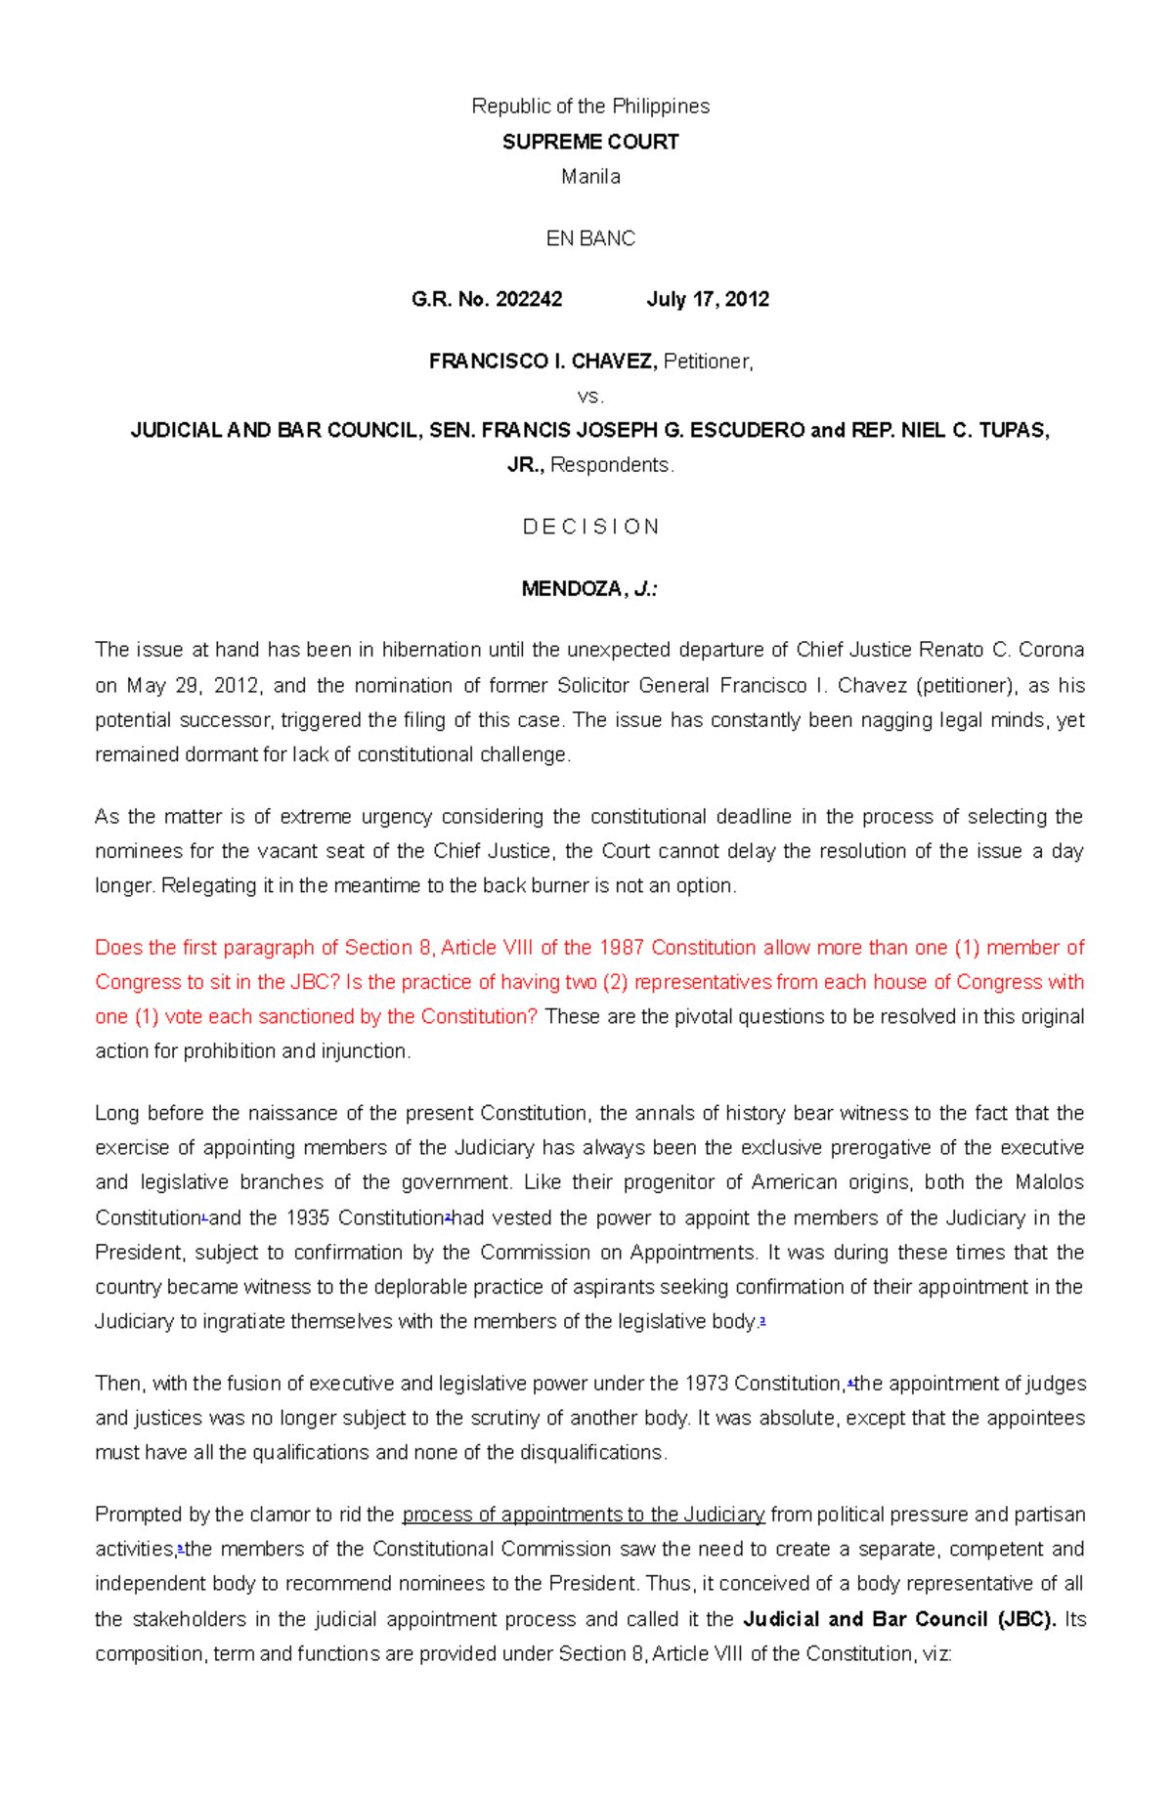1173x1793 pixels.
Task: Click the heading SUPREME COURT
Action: [x=590, y=142]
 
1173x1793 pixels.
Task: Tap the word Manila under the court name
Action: [x=590, y=177]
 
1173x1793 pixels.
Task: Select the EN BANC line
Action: [x=590, y=238]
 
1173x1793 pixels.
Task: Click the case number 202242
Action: [x=529, y=300]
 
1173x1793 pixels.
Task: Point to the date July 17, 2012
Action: [x=708, y=300]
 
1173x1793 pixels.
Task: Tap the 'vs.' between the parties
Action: [x=590, y=397]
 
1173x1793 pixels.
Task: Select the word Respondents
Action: [x=611, y=465]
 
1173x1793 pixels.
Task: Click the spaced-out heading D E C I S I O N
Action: [x=590, y=527]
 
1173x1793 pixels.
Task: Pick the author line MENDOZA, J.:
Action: [x=589, y=589]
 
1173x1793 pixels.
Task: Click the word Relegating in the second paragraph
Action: [x=207, y=886]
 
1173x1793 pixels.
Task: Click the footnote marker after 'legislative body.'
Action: [x=761, y=1321]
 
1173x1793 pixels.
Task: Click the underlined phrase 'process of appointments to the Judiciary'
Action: [x=584, y=1515]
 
